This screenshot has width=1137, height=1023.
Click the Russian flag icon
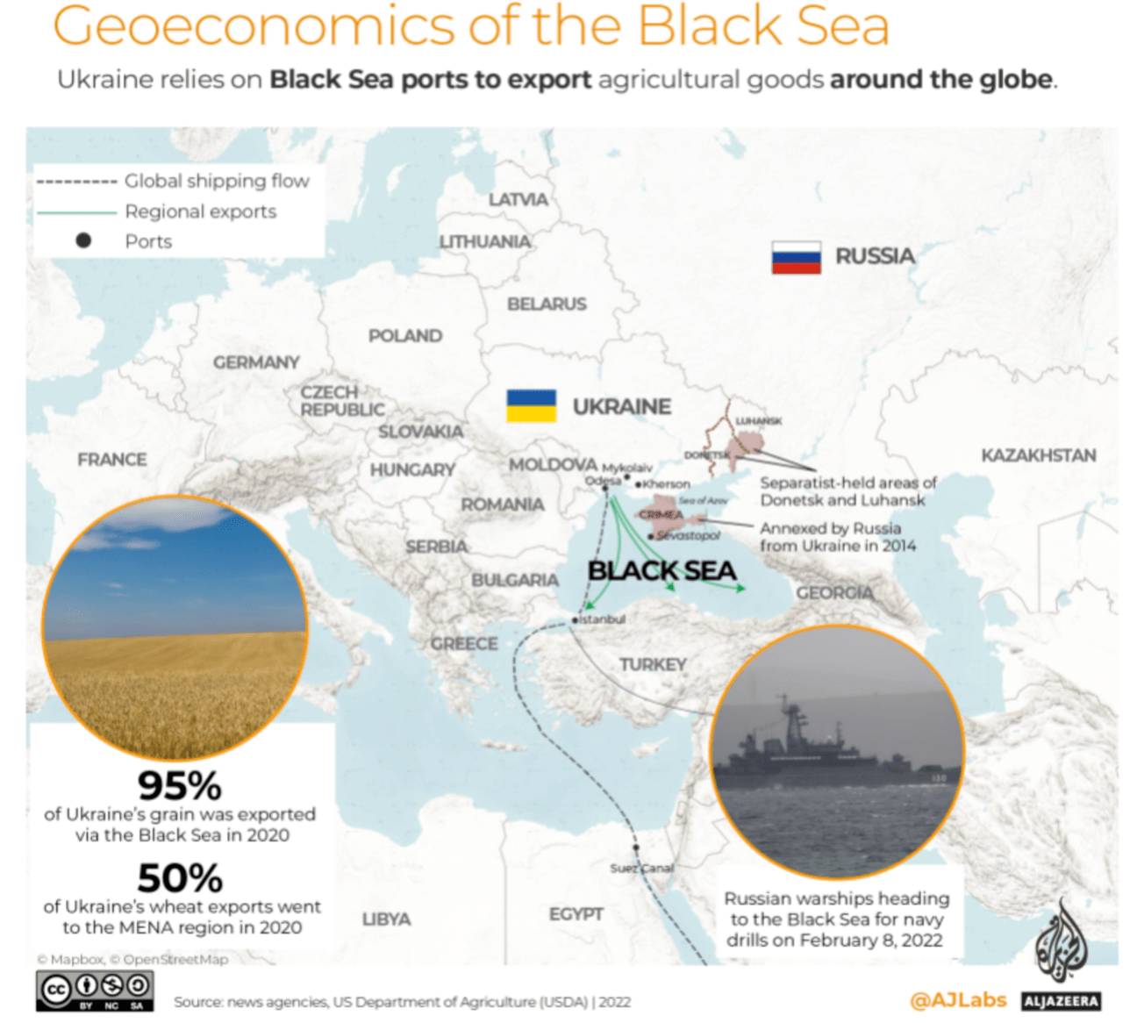(796, 257)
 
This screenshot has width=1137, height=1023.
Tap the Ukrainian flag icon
(531, 406)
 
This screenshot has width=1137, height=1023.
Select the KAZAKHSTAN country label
(1038, 455)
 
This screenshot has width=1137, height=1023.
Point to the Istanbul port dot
(575, 619)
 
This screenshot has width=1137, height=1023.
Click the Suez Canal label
(642, 868)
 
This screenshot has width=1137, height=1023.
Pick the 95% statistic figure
(180, 785)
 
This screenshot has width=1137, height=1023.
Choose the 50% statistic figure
(180, 877)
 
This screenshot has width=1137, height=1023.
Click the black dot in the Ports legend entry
(83, 240)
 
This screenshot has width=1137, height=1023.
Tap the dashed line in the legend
(76, 182)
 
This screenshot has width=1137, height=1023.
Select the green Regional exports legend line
(76, 212)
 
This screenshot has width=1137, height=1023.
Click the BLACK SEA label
(661, 571)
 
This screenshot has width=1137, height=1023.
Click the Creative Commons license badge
(95, 991)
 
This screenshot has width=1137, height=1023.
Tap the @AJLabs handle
(958, 1000)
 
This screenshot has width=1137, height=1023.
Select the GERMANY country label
(256, 362)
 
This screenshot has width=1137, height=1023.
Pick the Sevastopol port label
(689, 535)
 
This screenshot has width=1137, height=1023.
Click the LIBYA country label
(386, 919)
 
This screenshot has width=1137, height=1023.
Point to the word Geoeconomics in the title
(255, 26)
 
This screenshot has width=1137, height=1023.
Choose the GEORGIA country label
(834, 593)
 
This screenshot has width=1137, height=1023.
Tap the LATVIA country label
(518, 200)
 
